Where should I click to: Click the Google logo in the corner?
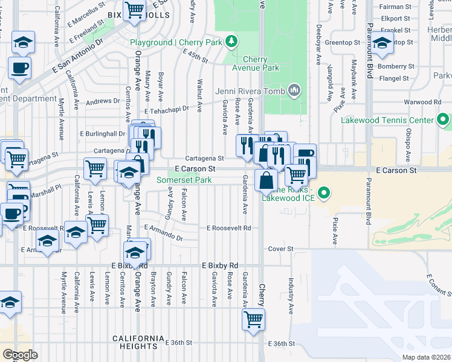click(19, 355)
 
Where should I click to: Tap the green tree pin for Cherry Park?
click(230, 42)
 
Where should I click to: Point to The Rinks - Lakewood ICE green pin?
click(323, 194)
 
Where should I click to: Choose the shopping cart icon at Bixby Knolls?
click(134, 10)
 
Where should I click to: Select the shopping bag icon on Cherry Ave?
click(266, 180)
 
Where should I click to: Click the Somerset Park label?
click(184, 180)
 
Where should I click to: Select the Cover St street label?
click(280, 249)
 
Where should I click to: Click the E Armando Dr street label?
click(164, 238)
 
